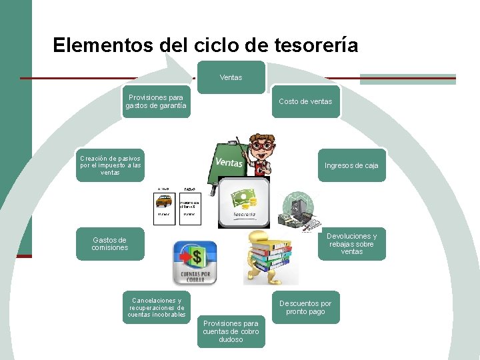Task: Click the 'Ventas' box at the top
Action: [231, 77]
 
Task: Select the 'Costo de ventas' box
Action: [305, 101]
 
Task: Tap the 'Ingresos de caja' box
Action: [351, 165]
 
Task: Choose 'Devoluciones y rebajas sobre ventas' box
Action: [351, 244]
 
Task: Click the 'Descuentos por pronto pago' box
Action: [305, 307]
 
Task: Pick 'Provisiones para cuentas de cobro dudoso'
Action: [231, 331]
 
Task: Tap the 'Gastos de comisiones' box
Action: [109, 244]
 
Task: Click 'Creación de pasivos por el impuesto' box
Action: [110, 165]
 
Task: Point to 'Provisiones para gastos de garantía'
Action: [156, 101]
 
